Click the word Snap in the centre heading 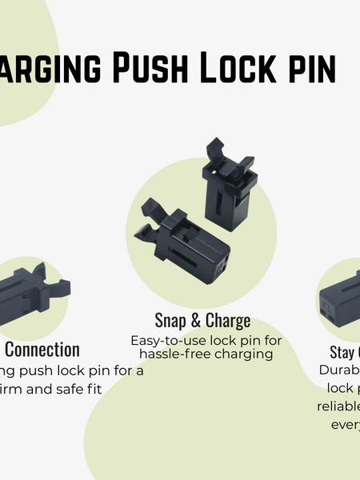click(x=170, y=322)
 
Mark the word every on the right click(x=345, y=423)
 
